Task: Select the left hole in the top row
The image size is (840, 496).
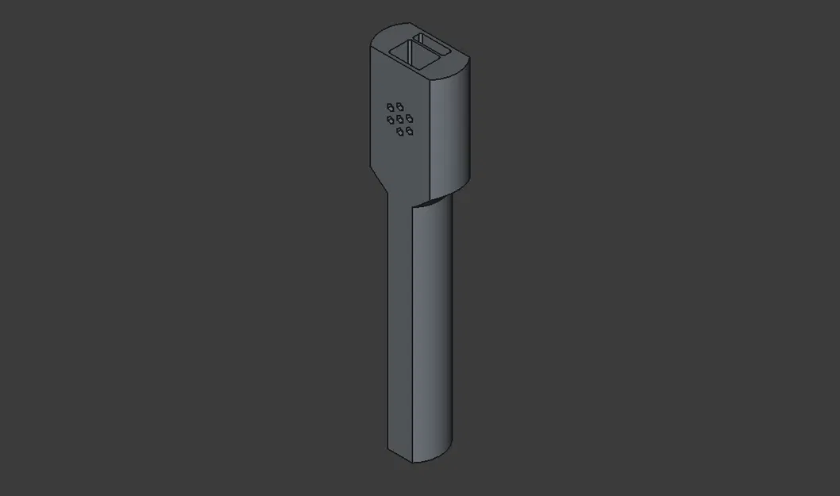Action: (391, 106)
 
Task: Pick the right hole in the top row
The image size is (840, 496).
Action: (400, 106)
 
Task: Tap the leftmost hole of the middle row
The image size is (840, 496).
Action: (391, 119)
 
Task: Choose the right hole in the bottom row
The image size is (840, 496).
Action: (410, 131)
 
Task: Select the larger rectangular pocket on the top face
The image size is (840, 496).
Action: (412, 54)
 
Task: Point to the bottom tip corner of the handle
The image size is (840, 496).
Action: (412, 461)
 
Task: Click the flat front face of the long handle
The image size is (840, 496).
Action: (399, 325)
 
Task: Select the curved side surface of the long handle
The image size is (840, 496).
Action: (433, 325)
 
